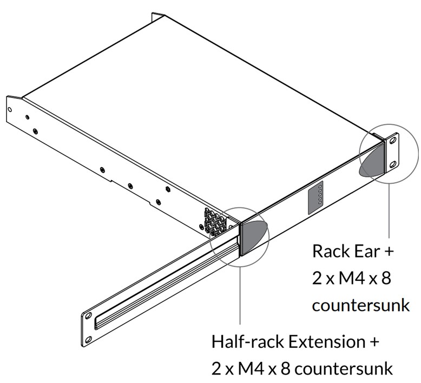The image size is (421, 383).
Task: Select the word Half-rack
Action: (246, 342)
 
